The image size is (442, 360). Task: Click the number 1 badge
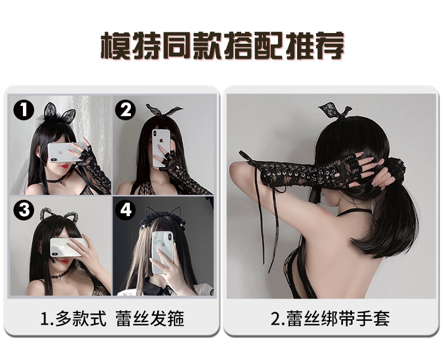[x=24, y=110]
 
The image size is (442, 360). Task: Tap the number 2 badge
[x=125, y=110]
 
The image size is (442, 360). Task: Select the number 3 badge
[x=24, y=210]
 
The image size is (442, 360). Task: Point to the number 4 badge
[x=125, y=210]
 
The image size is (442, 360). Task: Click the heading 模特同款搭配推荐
[x=223, y=46]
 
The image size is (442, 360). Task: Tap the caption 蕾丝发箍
[x=150, y=319]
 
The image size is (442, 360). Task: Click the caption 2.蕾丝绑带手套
[x=330, y=319]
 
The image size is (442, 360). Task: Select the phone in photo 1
[x=67, y=152]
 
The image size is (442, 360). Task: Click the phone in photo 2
[x=161, y=148]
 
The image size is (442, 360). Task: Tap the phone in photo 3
[x=68, y=247]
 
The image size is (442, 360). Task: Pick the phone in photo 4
[x=162, y=253]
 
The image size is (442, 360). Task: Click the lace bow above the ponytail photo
[x=336, y=111]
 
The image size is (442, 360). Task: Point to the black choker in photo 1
[x=57, y=180]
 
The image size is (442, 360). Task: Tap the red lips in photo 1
[x=64, y=166]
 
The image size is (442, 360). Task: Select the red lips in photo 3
[x=64, y=261]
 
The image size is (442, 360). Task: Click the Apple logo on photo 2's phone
[x=161, y=139]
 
